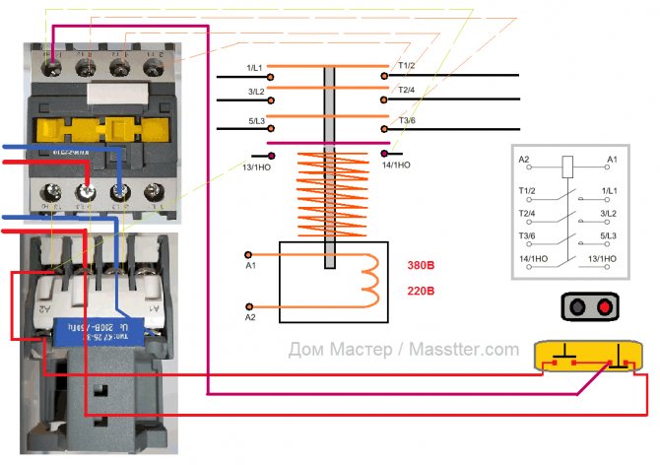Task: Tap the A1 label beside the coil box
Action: (x=250, y=266)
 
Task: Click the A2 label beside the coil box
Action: (x=250, y=317)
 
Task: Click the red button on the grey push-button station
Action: (x=603, y=308)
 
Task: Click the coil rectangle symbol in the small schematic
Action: (x=568, y=166)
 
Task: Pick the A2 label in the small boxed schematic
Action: (x=524, y=159)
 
